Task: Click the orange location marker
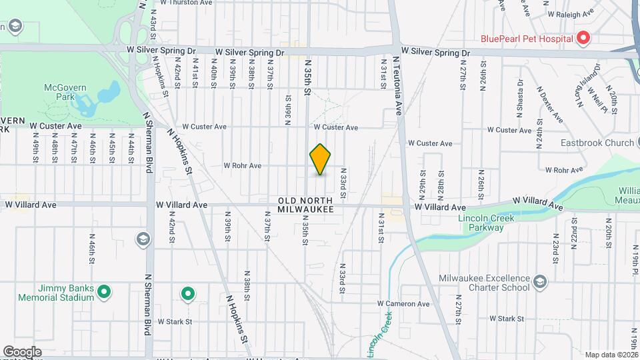(321, 160)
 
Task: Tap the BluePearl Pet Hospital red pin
(583, 38)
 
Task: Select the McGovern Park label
(62, 91)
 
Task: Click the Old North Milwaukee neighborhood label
(305, 205)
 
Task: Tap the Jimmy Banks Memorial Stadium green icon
(104, 291)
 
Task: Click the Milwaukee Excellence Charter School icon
(540, 283)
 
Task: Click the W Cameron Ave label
(403, 304)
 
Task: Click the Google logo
(22, 352)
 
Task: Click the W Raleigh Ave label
(570, 13)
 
